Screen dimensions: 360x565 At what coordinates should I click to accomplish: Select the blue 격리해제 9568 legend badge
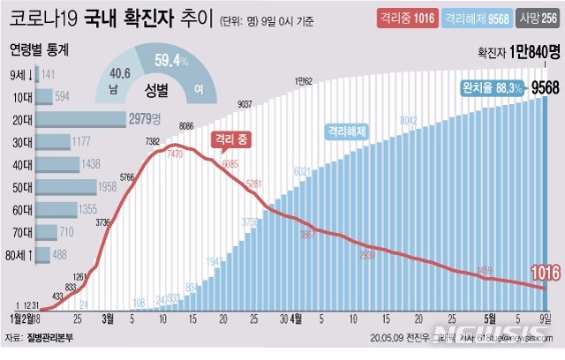pos(474,18)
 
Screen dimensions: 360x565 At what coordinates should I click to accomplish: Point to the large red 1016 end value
pos(545,274)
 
